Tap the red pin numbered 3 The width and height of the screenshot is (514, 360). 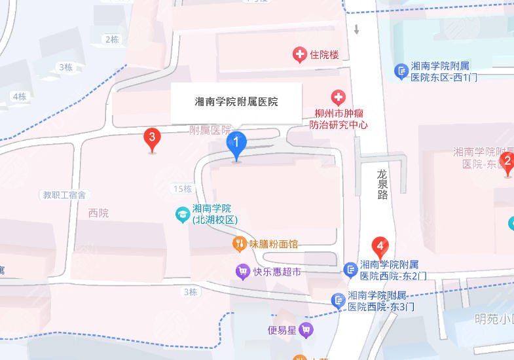point(152,138)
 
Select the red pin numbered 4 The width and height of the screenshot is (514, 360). point(380,248)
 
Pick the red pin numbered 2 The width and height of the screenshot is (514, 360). point(506,161)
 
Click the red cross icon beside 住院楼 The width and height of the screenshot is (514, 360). point(300,55)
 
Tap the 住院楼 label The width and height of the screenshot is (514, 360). point(325,55)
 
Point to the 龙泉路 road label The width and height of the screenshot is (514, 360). point(382,185)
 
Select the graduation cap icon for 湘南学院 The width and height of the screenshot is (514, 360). point(183,213)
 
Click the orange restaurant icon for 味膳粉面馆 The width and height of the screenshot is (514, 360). point(240,244)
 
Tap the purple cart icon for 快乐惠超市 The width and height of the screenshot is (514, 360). point(243,271)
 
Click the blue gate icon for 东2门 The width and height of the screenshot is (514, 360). point(350,270)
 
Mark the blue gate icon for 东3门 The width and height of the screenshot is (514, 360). point(339,300)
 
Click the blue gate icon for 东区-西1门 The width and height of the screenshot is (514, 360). point(401,71)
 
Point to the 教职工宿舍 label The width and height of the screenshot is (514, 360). point(65,194)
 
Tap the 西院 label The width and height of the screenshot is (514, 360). point(98,213)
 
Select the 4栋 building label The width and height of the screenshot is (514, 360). point(19,96)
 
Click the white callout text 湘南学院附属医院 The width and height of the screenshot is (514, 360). point(236,102)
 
